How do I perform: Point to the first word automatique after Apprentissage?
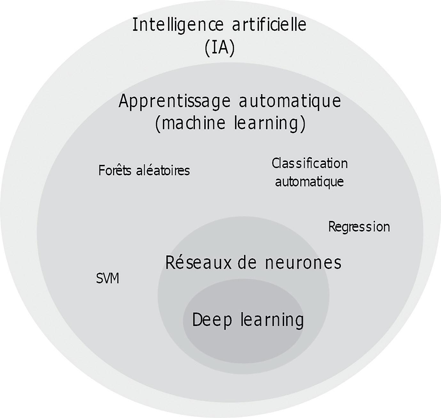[290, 101]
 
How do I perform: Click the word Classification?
[310, 163]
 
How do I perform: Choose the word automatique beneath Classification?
[309, 182]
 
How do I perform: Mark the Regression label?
[359, 227]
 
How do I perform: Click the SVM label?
[107, 279]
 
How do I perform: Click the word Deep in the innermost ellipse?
[212, 320]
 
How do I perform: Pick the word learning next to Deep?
[272, 320]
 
